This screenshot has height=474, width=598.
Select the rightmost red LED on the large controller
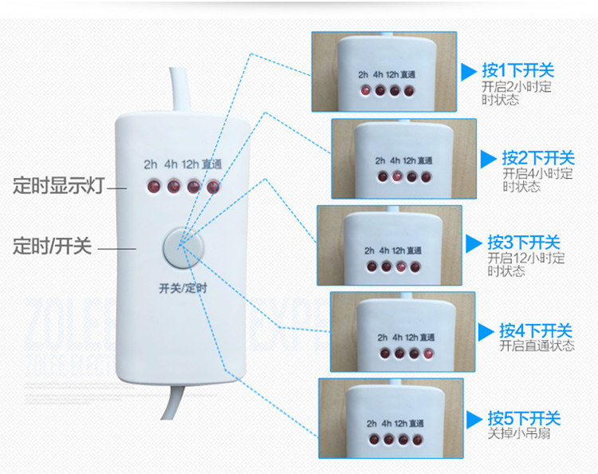pyautogui.click(x=213, y=188)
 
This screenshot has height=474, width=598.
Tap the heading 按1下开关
pyautogui.click(x=519, y=69)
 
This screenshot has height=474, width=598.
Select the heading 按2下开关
pyautogui.click(x=538, y=158)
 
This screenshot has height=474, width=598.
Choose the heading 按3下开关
pyautogui.click(x=525, y=243)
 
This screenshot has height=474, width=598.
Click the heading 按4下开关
pyautogui.click(x=536, y=330)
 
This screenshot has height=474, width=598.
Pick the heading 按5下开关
pyautogui.click(x=525, y=418)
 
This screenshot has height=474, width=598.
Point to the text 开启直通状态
pyautogui.click(x=537, y=346)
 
